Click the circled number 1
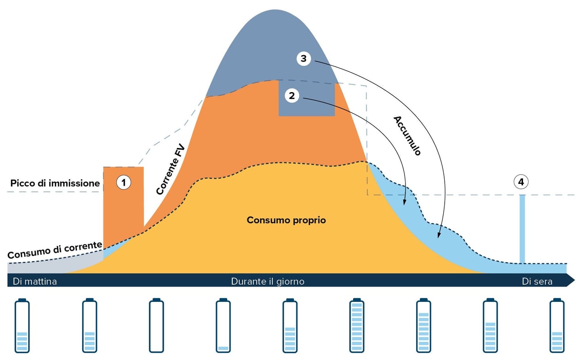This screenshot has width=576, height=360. point(123,183)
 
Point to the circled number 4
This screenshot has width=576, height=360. point(521,182)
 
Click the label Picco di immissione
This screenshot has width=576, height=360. point(55,183)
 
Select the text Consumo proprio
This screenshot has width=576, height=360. point(286,220)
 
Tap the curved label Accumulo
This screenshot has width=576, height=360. point(407,136)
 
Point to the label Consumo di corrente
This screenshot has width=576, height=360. point(54,249)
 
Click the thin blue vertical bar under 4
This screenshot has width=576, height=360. point(522,229)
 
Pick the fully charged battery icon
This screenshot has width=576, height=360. point(357,325)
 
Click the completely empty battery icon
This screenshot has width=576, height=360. point(156,325)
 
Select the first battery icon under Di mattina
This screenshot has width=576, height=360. point(22,325)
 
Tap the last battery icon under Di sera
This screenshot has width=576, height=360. point(557,325)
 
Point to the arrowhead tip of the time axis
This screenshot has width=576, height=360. point(573,280)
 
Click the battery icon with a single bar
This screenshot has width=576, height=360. point(223,325)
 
